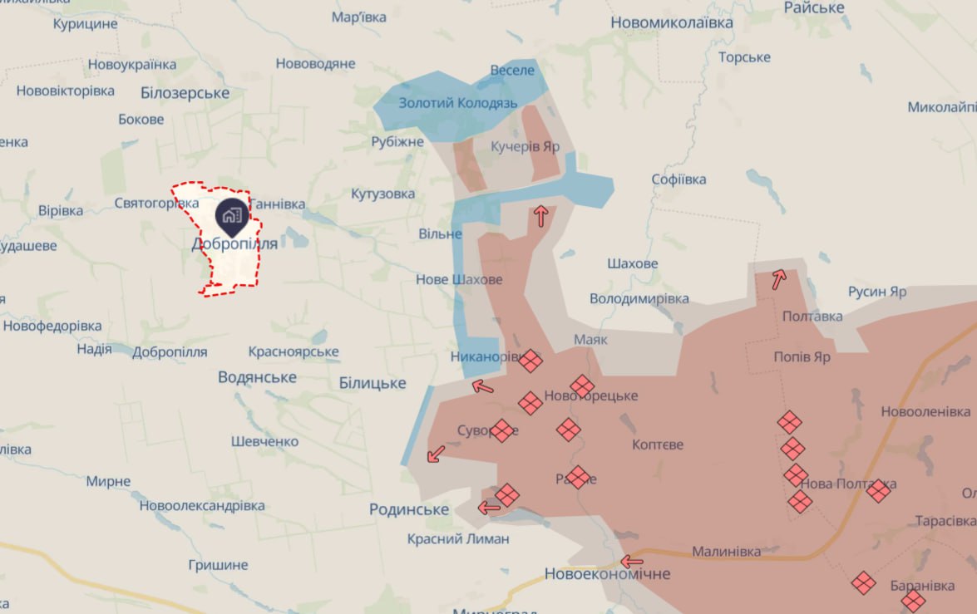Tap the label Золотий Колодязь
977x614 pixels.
pos(458,103)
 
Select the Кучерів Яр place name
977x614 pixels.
pos(525,146)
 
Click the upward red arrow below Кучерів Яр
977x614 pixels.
pos(540,217)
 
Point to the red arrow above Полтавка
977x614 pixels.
pos(778,280)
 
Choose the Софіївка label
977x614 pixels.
pos(679,179)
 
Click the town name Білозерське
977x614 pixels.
pos(185,92)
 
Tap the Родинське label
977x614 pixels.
pos(409,509)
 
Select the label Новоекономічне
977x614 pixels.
pos(607,573)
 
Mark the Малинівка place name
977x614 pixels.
pos(727,552)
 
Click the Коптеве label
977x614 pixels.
pos(658,445)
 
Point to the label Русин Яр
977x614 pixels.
pos(877,292)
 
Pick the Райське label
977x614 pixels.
pos(814,7)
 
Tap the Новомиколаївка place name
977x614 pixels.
pos(672,22)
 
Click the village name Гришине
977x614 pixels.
pos(218,565)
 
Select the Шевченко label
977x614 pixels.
pos(264,441)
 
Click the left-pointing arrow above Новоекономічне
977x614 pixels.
pos(632,561)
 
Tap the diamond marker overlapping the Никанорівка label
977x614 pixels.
pos(530,361)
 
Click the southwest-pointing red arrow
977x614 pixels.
pos(435,454)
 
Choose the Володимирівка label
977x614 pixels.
pos(639,297)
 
